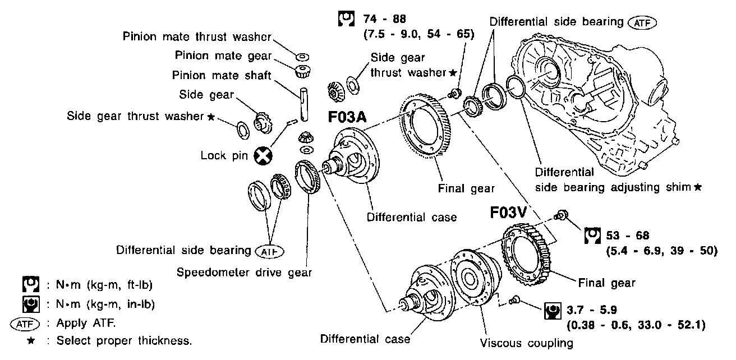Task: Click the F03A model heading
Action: point(348,119)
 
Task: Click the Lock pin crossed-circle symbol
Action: point(261,156)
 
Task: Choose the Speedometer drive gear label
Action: point(245,273)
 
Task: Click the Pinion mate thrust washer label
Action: point(197,37)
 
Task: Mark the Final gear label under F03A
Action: point(466,189)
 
